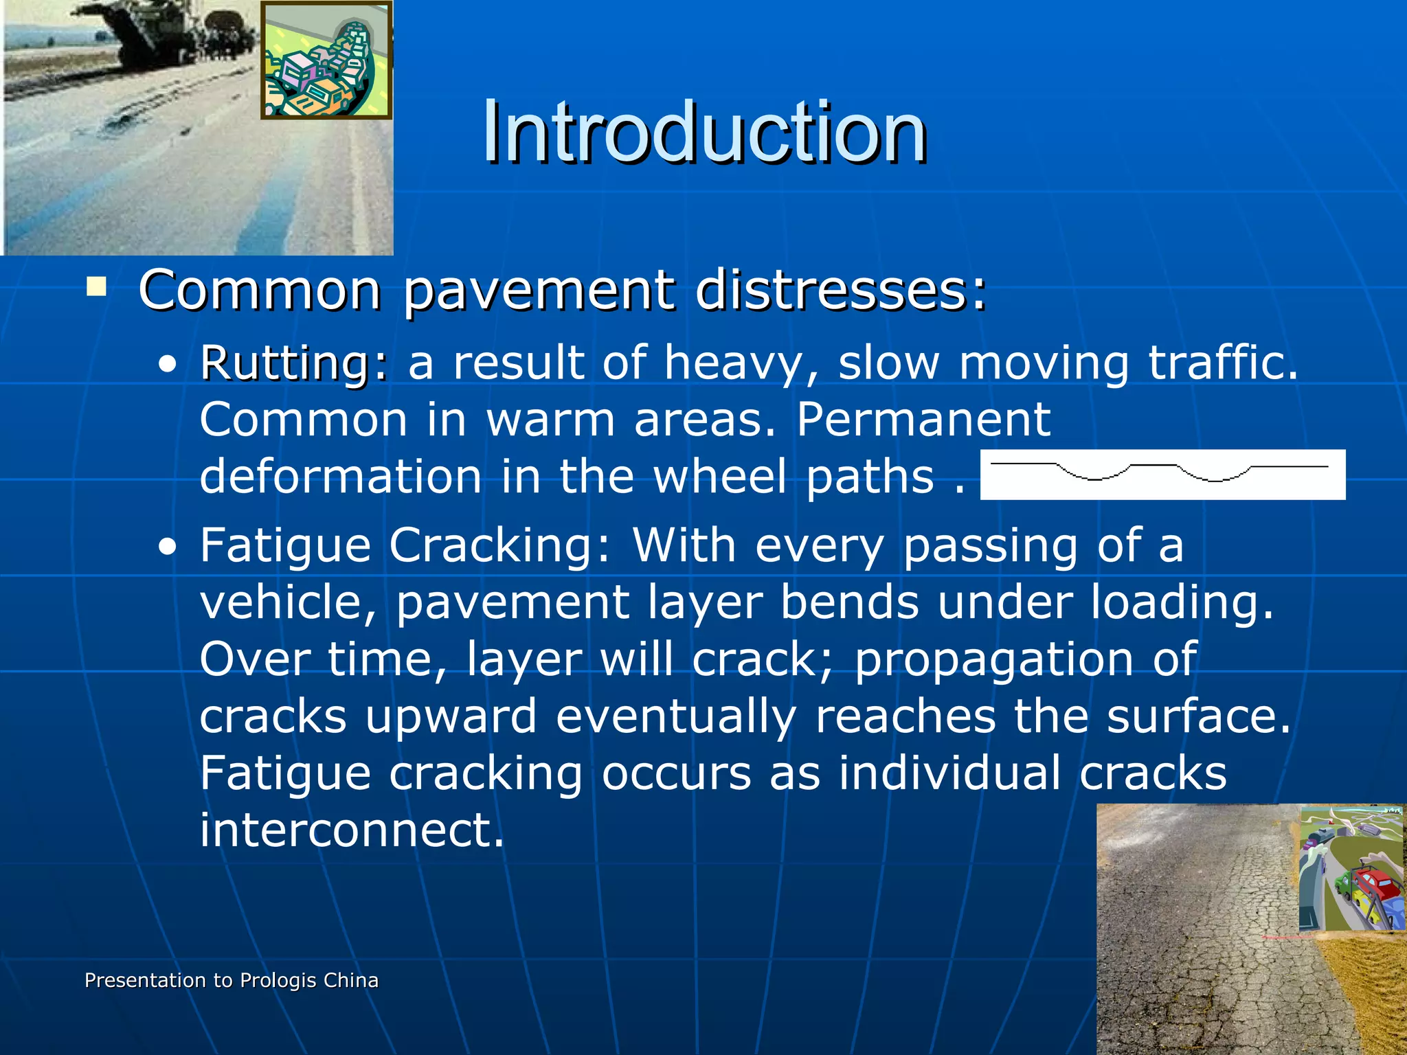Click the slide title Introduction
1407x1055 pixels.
click(704, 132)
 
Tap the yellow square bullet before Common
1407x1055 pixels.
click(96, 286)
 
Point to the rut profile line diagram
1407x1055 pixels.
click(1162, 474)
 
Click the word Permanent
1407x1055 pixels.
click(923, 420)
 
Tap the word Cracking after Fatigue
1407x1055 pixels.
click(499, 546)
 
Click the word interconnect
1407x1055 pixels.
click(352, 830)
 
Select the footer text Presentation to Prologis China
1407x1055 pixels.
click(232, 980)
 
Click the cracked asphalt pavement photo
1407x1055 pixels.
click(1195, 948)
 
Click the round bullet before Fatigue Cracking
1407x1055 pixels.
click(167, 548)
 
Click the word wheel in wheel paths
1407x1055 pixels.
click(719, 477)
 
